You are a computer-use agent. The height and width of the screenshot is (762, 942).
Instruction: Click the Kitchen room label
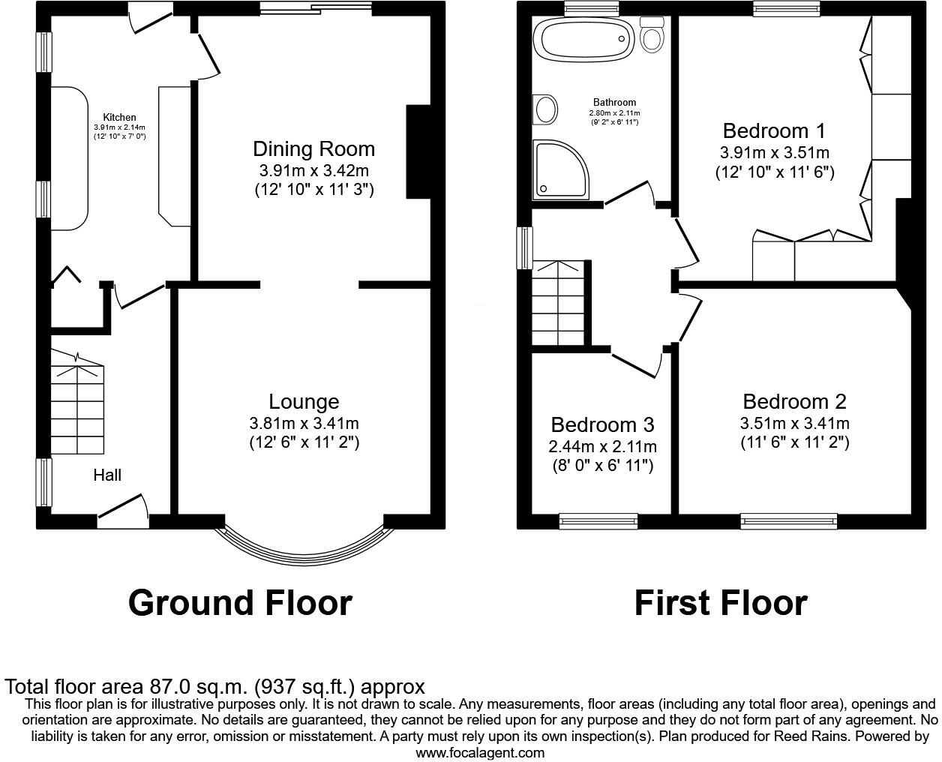(119, 117)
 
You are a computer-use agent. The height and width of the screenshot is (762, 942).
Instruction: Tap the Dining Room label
(313, 148)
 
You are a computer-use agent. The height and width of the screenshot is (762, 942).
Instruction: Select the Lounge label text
(304, 402)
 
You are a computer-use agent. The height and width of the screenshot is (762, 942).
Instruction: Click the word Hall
(107, 475)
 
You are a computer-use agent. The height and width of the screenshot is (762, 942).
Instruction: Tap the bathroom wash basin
(545, 109)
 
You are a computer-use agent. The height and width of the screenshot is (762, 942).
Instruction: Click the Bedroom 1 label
(774, 131)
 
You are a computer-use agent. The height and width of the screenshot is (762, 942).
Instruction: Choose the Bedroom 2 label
(794, 401)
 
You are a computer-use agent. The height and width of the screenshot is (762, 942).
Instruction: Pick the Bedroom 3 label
(602, 425)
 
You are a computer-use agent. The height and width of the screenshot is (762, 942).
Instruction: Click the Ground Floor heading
(240, 603)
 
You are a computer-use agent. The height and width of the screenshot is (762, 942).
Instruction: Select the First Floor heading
(720, 603)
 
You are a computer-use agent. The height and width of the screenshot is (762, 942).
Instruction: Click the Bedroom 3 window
(598, 520)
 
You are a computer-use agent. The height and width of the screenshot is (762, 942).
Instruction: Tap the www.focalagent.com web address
(480, 752)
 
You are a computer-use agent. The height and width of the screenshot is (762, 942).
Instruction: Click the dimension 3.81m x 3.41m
(304, 424)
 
